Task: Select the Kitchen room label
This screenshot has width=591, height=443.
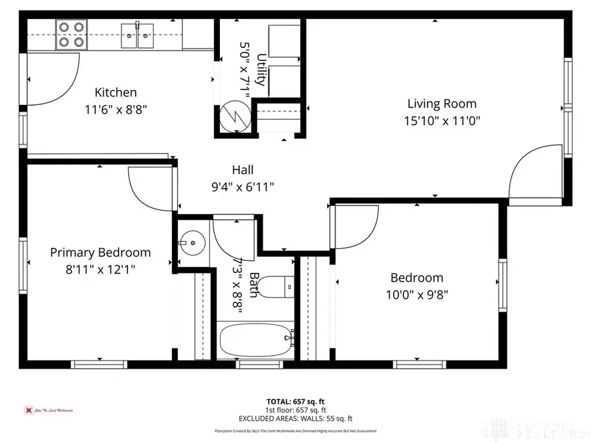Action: (116, 93)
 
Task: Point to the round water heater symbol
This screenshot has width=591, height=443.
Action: (235, 117)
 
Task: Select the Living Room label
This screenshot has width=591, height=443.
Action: (441, 104)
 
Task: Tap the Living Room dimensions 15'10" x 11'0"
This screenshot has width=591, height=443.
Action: (441, 121)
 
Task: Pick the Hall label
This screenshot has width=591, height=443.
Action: (242, 170)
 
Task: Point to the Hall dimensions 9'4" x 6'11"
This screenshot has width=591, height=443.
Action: (242, 187)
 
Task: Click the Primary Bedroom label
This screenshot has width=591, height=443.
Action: (100, 253)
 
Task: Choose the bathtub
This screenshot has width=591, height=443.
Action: (257, 339)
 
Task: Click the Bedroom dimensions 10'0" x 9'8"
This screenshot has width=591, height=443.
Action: (416, 295)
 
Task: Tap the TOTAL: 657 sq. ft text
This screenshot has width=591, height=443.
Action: (295, 400)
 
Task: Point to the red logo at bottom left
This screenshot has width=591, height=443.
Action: (28, 410)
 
